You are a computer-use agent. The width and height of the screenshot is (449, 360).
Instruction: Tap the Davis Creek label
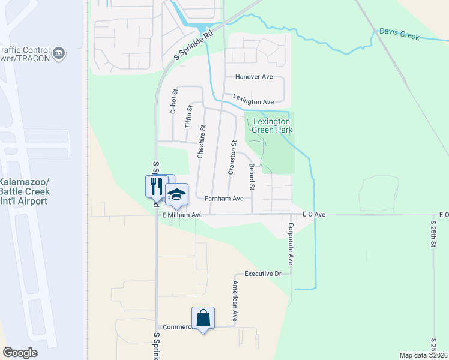click(399, 34)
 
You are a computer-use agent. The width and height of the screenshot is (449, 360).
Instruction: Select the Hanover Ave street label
click(254, 77)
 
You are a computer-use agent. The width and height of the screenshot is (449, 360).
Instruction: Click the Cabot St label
click(174, 101)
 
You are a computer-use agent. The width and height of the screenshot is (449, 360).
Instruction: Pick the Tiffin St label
click(188, 117)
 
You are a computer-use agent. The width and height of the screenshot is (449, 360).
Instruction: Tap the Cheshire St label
click(203, 142)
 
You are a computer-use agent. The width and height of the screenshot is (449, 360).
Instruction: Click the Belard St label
click(252, 178)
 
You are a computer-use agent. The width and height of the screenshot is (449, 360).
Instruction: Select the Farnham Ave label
click(224, 198)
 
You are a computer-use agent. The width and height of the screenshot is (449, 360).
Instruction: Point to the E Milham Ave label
click(183, 214)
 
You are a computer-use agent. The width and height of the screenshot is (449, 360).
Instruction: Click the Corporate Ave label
click(291, 244)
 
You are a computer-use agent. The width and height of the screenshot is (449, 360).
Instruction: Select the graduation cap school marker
click(176, 194)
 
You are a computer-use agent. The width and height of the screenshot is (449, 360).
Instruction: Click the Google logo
click(20, 353)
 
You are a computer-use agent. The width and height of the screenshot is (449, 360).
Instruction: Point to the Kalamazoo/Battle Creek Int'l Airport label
click(24, 191)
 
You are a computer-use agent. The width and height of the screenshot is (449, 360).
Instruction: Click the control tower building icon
click(59, 54)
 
